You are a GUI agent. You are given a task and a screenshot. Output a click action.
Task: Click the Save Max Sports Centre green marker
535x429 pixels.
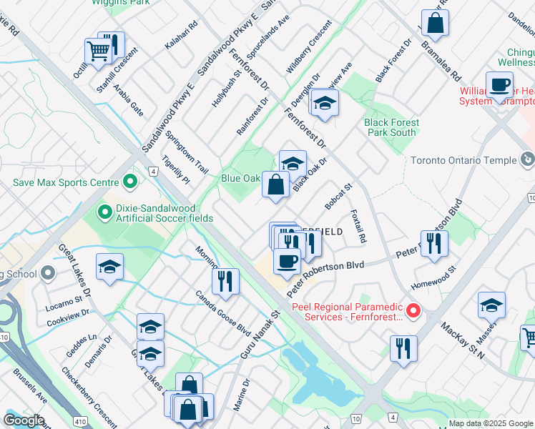coord(130,182)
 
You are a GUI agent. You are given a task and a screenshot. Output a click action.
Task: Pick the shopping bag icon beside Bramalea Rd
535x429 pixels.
coord(435,25)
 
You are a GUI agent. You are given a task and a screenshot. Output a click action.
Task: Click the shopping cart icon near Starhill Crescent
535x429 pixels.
coord(98,51)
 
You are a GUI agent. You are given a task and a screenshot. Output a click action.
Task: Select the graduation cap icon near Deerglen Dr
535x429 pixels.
coord(324,104)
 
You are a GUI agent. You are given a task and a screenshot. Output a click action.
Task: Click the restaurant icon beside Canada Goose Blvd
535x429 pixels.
coord(225,282)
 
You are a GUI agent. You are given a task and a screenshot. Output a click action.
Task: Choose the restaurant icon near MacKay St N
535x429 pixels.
coord(404,350)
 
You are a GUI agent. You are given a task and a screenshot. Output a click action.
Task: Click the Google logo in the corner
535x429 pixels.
coord(23,420)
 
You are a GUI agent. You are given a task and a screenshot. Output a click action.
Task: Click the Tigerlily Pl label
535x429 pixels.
coord(175,170)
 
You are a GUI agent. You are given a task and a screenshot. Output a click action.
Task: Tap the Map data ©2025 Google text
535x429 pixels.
coord(490,423)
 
